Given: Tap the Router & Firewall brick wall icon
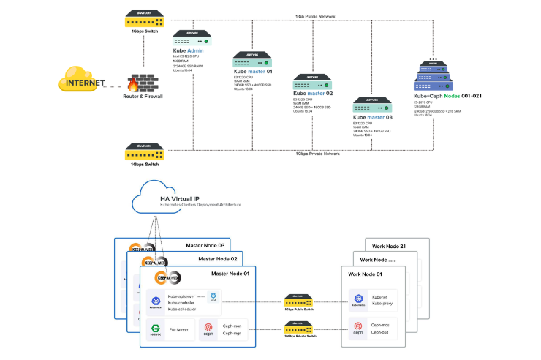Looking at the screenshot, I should point(143,82).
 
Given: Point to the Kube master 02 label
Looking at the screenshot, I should point(313,94).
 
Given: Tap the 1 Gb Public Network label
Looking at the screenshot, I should point(315,15).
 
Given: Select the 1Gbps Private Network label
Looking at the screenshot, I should point(317,154).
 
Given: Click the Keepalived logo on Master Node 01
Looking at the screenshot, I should point(167,278).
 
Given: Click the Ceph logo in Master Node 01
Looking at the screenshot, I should point(208,330).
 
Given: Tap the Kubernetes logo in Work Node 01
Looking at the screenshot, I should point(358,301).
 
